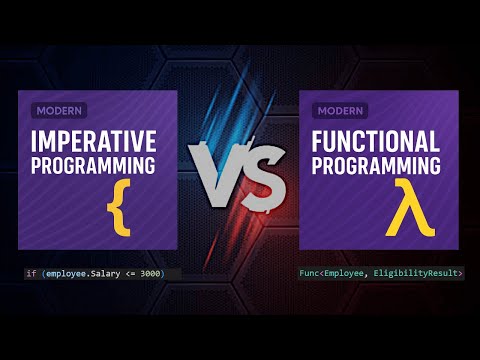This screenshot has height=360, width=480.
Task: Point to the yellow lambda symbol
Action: (x=404, y=208)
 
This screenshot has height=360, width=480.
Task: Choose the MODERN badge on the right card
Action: (x=340, y=110)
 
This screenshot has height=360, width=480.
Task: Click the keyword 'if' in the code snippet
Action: (x=31, y=273)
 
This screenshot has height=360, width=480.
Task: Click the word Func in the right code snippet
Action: (x=311, y=273)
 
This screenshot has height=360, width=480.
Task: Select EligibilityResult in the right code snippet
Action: (x=415, y=273)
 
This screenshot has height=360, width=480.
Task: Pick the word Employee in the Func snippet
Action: (x=346, y=273)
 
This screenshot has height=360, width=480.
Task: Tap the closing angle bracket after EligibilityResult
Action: (x=459, y=273)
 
